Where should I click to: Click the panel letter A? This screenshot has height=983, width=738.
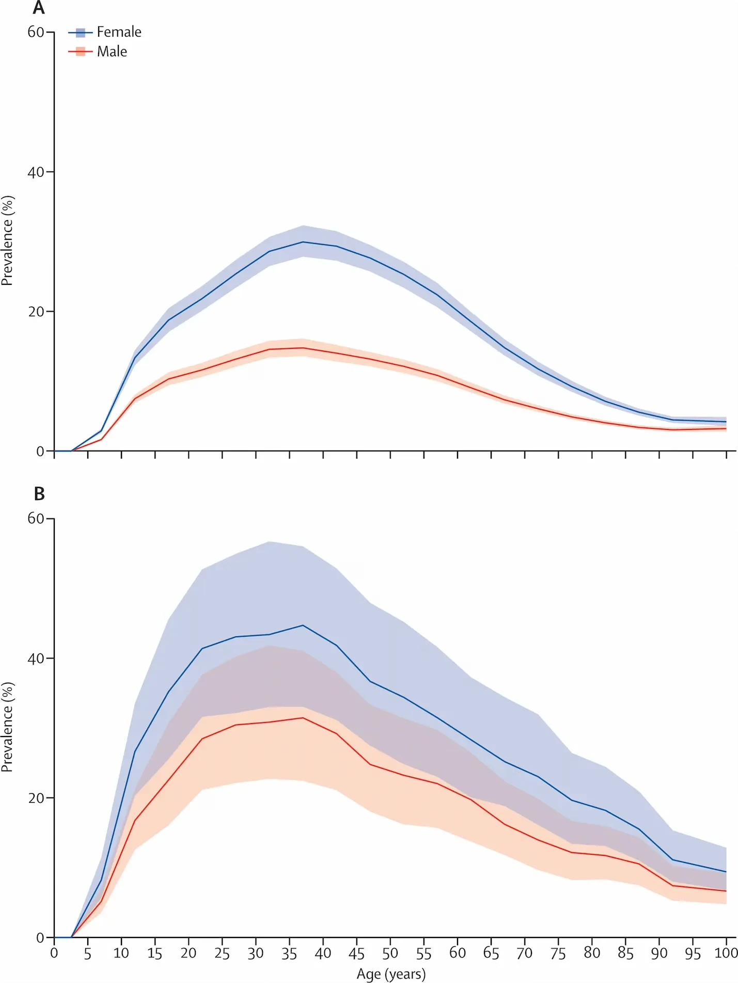(x=39, y=8)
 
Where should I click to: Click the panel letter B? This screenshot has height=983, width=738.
(x=39, y=494)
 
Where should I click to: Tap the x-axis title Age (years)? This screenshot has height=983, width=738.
(x=391, y=974)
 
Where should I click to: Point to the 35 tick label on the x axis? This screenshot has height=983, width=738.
(x=289, y=953)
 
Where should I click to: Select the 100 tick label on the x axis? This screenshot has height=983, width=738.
(x=726, y=953)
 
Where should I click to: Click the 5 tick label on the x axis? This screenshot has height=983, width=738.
(x=88, y=953)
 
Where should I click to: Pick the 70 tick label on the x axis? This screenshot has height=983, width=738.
(x=524, y=953)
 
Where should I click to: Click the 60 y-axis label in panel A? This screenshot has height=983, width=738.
(x=36, y=32)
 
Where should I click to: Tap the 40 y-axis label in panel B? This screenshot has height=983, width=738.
(x=36, y=658)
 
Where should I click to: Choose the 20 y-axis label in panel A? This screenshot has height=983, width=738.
(x=36, y=312)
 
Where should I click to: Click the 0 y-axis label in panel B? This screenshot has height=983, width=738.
(x=40, y=938)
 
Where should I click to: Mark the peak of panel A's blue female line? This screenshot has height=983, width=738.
(x=303, y=242)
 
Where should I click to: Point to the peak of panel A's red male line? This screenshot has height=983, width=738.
(x=303, y=348)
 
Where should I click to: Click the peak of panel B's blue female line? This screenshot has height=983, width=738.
(x=303, y=625)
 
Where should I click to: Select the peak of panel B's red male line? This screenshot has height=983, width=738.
(x=303, y=718)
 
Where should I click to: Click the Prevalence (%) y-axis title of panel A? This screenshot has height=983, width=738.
(x=7, y=241)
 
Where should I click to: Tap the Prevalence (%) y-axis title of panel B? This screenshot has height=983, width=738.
(x=7, y=727)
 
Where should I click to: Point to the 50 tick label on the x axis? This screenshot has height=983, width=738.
(x=390, y=953)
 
